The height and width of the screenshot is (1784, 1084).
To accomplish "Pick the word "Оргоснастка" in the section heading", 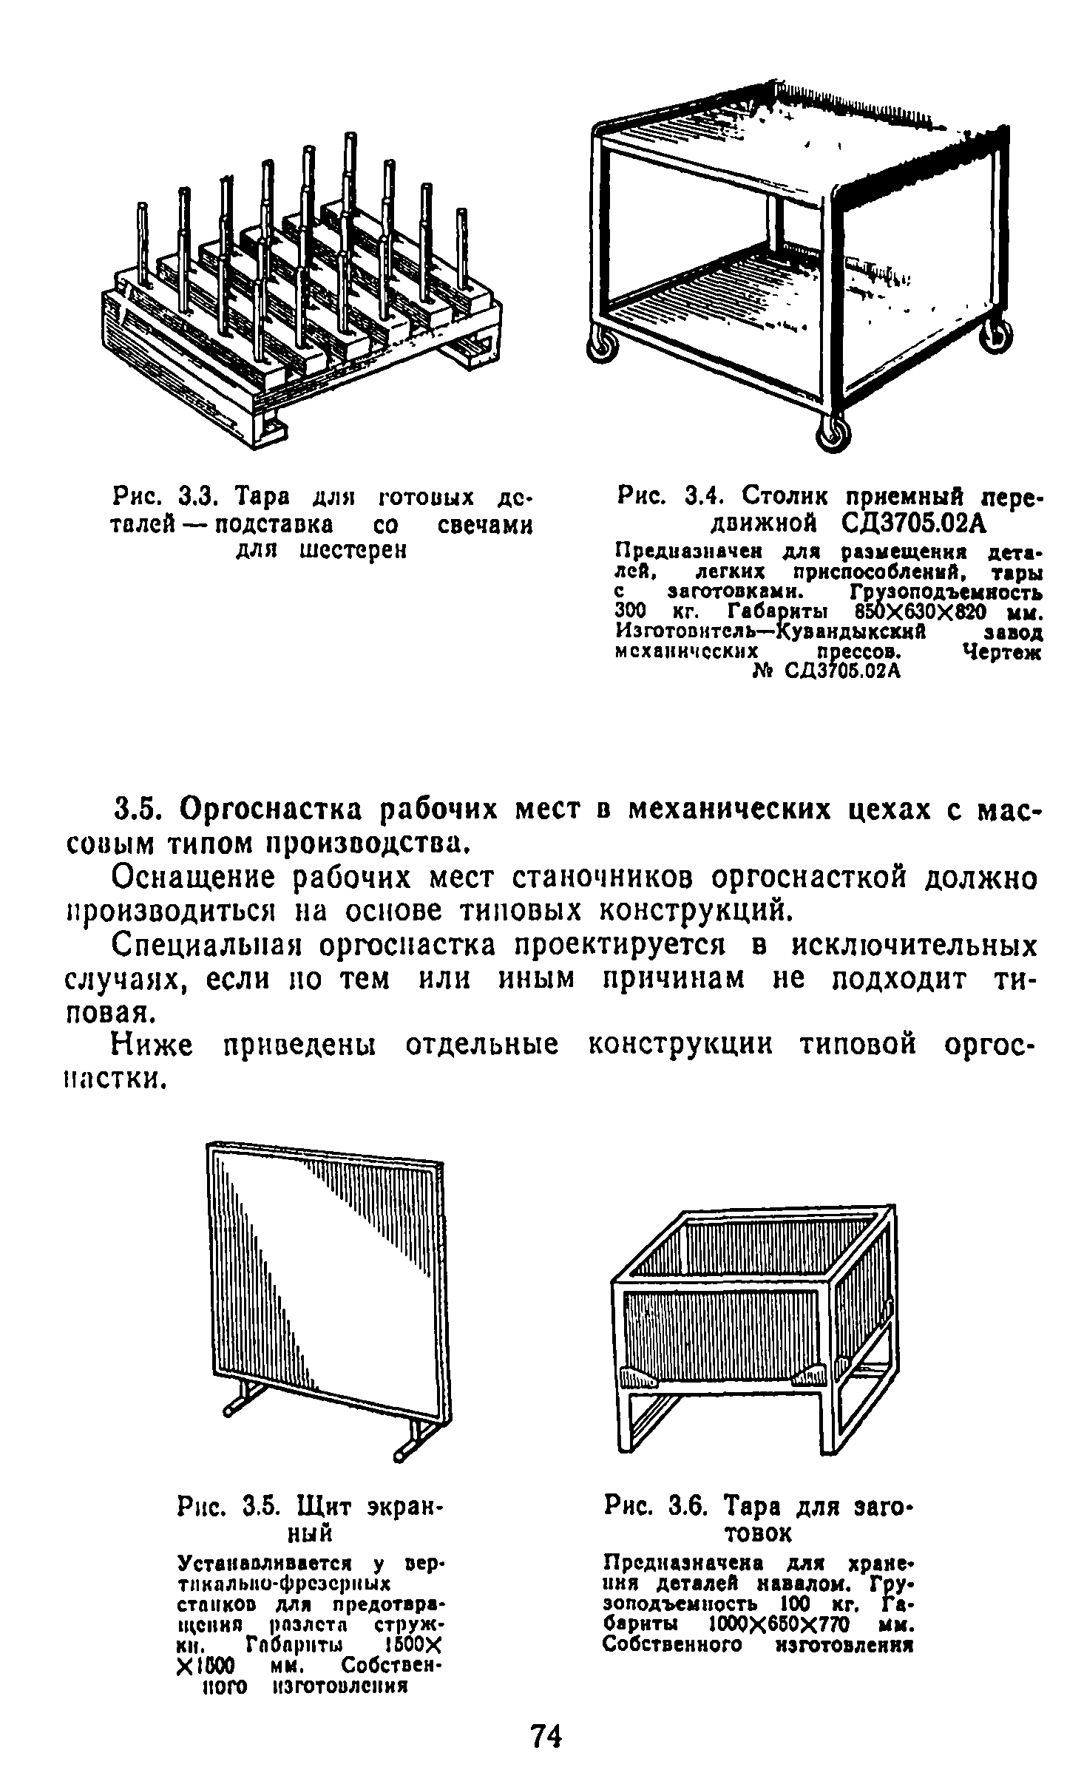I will coord(277,811).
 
